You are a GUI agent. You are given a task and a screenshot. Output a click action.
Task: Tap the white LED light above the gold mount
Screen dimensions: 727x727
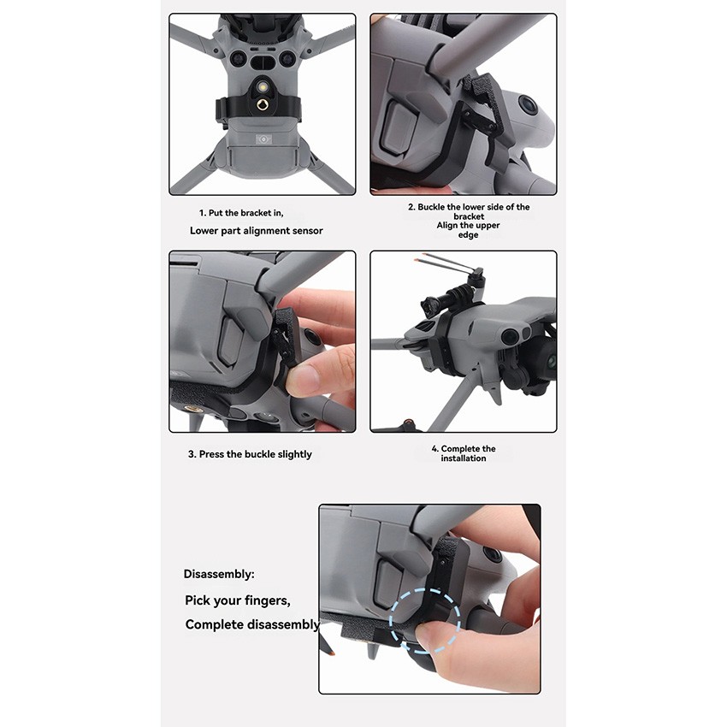(x=263, y=84)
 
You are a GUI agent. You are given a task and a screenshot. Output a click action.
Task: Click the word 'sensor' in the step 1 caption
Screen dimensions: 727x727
(x=305, y=231)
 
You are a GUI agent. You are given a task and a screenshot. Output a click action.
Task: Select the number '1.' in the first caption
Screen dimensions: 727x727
(x=203, y=212)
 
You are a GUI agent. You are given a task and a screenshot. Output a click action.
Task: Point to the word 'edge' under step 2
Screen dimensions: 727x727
(x=468, y=235)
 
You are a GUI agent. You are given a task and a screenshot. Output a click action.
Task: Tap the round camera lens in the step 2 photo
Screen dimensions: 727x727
(x=528, y=107)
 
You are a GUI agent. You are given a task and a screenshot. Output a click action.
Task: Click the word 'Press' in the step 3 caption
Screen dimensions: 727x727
(x=213, y=454)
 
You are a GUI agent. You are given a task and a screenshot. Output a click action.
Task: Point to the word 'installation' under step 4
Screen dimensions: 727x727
(x=463, y=458)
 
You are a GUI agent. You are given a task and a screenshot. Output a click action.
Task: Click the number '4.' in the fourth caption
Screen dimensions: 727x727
(x=435, y=449)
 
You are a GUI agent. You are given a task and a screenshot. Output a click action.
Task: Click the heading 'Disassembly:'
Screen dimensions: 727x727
(x=219, y=574)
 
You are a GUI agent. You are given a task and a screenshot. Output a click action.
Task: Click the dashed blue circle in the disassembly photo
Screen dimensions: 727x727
(x=425, y=618)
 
